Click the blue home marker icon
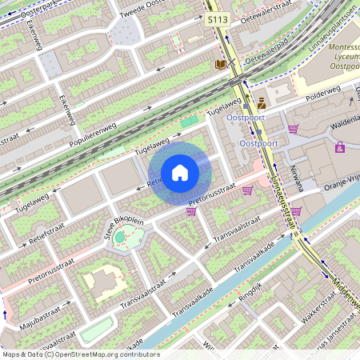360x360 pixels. point(180,172)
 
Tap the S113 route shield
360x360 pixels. point(216,18)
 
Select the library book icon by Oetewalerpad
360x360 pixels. point(220,63)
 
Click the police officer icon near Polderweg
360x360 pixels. point(262,102)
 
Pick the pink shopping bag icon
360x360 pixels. point(340,147)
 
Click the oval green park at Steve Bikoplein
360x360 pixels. point(120,237)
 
